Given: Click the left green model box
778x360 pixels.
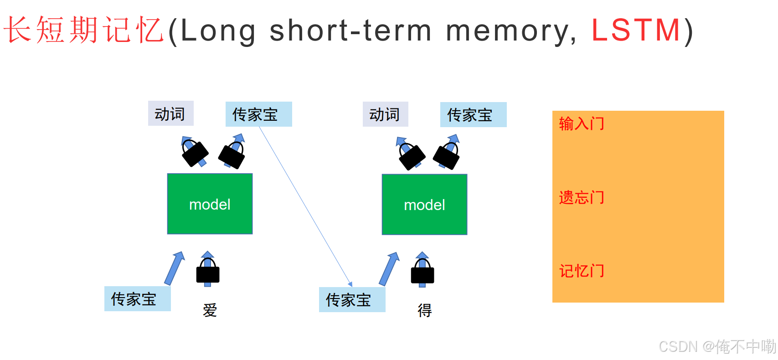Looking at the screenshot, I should click(210, 204).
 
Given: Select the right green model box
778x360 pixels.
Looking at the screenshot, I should click(424, 205).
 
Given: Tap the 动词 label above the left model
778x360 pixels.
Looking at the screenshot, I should click(170, 113).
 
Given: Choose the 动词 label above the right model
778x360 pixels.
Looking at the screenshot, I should click(385, 114).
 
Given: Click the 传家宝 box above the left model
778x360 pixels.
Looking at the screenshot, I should click(258, 114).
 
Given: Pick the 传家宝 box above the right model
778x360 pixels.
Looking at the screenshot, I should click(473, 115).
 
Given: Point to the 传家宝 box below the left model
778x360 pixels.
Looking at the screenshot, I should click(137, 299).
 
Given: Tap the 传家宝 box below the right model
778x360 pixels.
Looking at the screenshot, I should click(352, 300).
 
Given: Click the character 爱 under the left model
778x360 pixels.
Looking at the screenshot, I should click(210, 310).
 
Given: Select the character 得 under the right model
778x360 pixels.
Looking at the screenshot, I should click(425, 310).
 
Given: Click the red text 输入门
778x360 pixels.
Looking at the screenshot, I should click(582, 123).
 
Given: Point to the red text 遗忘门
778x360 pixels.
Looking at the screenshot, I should click(582, 197).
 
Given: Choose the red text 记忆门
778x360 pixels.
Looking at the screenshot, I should click(582, 271).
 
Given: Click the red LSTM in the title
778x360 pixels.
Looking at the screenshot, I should click(636, 31).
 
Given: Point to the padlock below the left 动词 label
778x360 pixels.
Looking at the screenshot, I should click(195, 154).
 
